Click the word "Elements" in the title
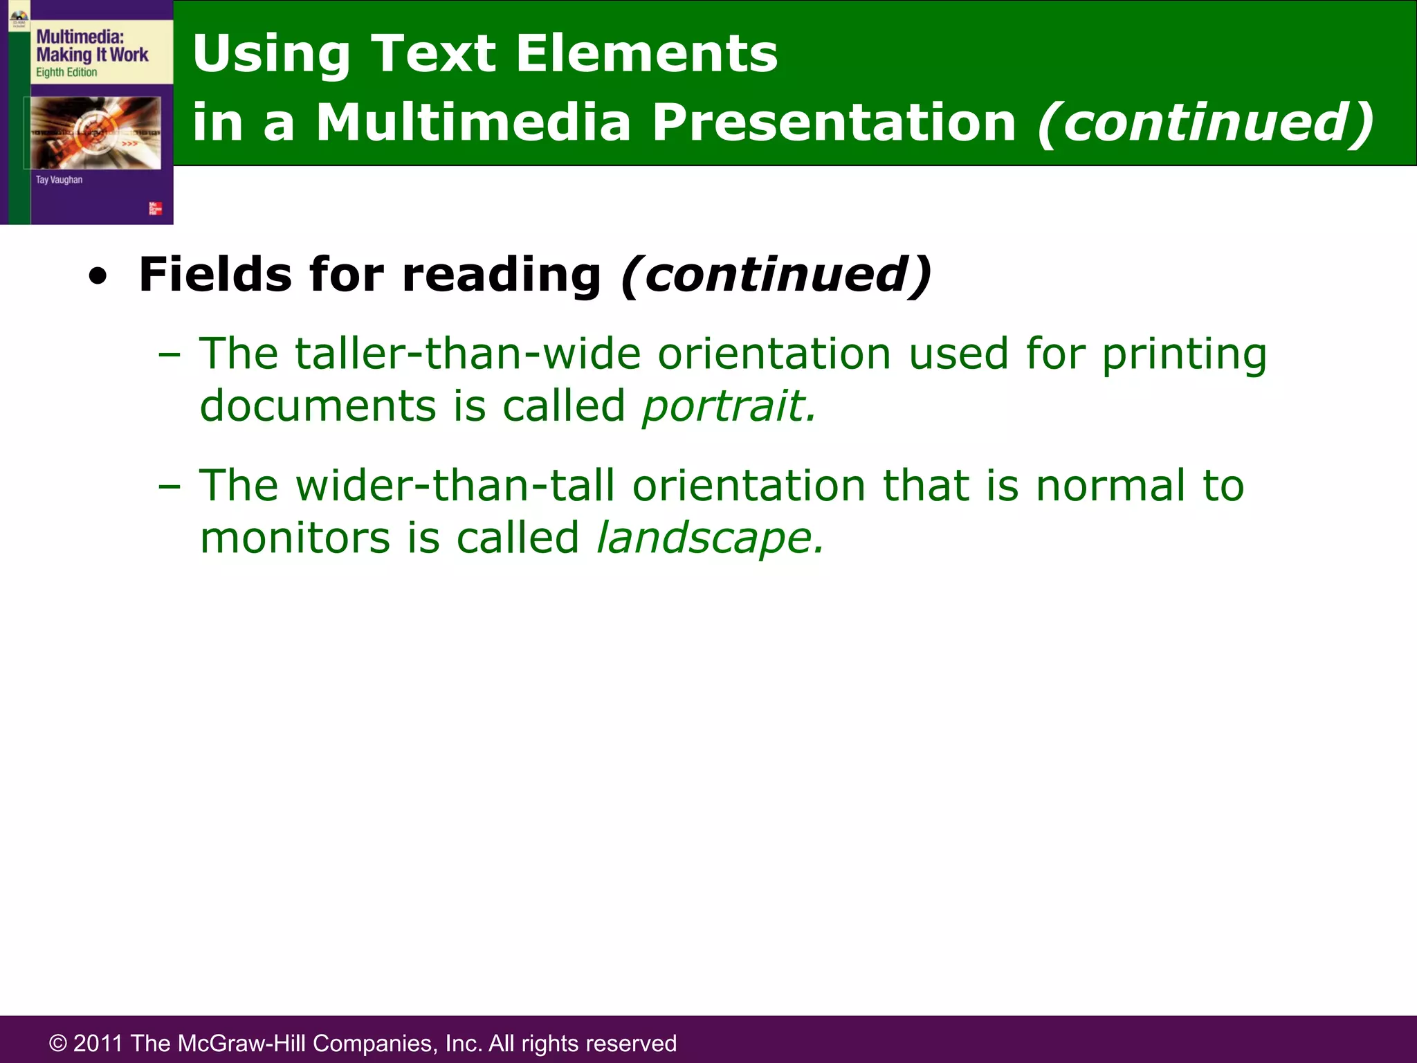point(646,54)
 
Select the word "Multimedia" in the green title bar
point(473,122)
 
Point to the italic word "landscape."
point(710,538)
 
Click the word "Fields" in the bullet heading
point(215,275)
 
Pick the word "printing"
point(1184,355)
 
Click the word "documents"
point(318,406)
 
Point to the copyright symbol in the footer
point(58,1044)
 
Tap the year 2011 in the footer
point(99,1044)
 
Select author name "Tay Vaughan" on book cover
point(59,180)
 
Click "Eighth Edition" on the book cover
point(66,73)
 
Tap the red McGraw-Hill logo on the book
point(156,209)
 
